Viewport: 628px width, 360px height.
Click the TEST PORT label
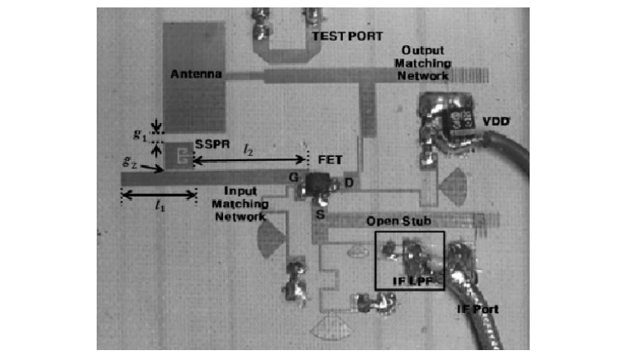point(337,37)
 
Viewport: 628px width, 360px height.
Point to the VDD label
point(497,122)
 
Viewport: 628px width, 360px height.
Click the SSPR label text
point(206,145)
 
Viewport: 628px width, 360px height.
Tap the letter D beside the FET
point(347,181)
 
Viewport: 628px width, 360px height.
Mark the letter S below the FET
point(316,214)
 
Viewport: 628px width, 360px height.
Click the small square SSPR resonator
point(178,154)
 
